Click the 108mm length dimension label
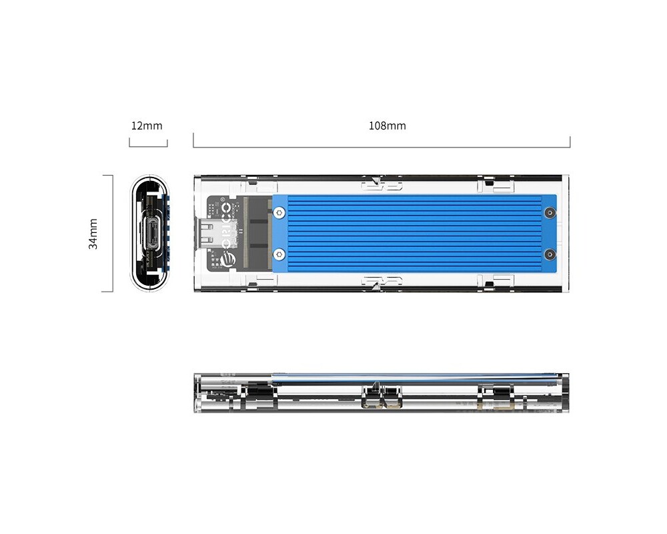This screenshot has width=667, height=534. (x=387, y=125)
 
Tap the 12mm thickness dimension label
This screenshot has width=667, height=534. (x=147, y=125)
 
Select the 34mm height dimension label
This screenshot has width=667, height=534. (x=93, y=234)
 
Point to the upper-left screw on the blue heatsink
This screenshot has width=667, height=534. (x=279, y=213)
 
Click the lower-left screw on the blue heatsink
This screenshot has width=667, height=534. (x=279, y=254)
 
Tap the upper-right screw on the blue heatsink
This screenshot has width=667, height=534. (x=549, y=213)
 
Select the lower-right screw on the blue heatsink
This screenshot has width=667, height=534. (x=549, y=254)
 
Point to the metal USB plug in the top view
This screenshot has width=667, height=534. (x=207, y=234)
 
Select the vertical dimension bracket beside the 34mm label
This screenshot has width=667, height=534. (x=112, y=234)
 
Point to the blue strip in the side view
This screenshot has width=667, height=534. (x=400, y=377)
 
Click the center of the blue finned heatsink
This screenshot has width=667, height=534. (x=414, y=234)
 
